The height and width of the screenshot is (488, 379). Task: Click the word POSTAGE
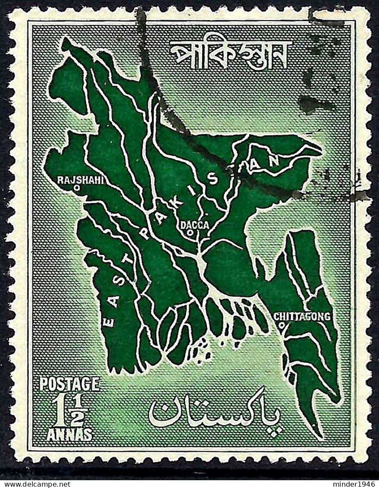coord(69,384)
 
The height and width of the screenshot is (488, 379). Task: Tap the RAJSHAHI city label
coord(81,180)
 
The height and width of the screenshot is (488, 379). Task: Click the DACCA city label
coord(194,225)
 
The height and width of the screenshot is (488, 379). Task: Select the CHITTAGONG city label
coord(302,317)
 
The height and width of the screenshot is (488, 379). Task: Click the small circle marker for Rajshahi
coord(76,188)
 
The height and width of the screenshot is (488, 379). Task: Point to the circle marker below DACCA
coord(190,233)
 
